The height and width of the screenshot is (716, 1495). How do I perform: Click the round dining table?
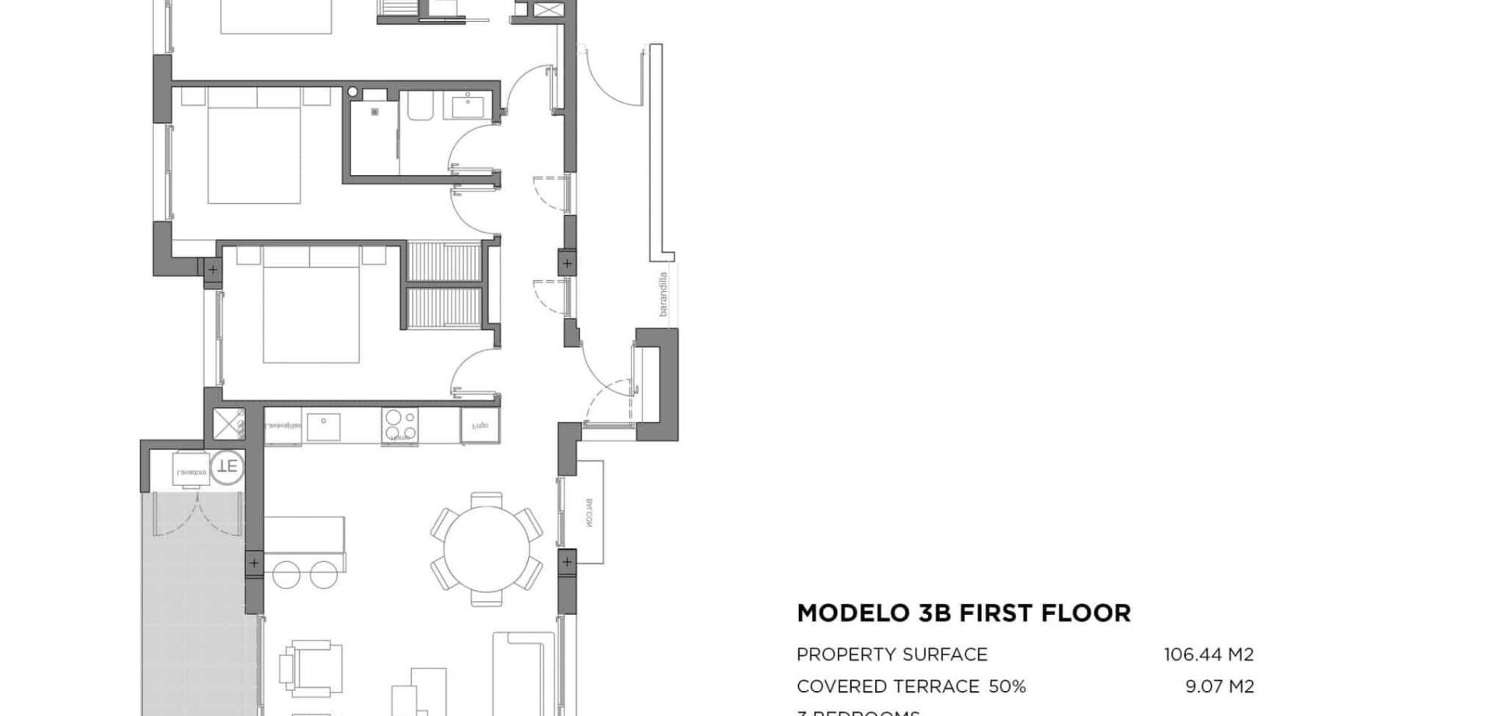click(x=486, y=549)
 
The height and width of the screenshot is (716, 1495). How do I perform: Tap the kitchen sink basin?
click(x=322, y=426)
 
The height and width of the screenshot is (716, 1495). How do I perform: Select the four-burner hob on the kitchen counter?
click(x=399, y=426)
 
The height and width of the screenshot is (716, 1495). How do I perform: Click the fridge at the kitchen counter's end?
click(x=480, y=426)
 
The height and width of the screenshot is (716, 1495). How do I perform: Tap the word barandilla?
click(x=663, y=293)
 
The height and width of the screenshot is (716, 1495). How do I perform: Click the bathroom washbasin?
click(x=467, y=104)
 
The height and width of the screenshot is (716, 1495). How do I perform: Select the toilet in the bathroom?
click(x=419, y=107)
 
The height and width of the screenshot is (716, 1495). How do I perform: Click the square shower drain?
click(x=375, y=112)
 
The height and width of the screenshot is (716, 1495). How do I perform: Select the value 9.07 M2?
click(x=1219, y=686)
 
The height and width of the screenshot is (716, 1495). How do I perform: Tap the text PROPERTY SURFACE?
click(x=892, y=655)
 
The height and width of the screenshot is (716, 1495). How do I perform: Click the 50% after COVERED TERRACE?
click(x=1007, y=686)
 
